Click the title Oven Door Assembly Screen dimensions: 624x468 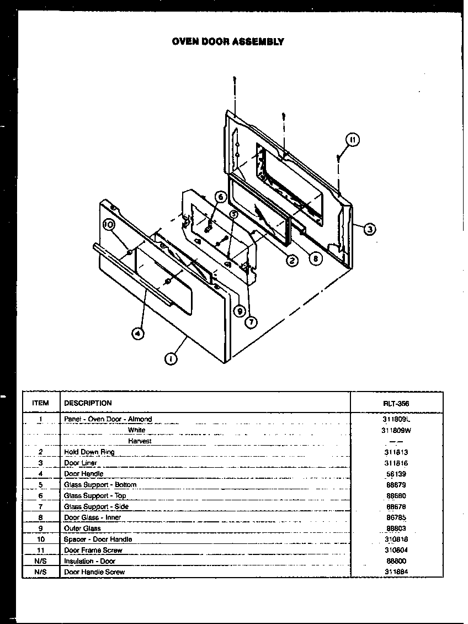pyautogui.click(x=228, y=41)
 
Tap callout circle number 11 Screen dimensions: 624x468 pyautogui.click(x=353, y=140)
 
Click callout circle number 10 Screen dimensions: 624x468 pyautogui.click(x=108, y=225)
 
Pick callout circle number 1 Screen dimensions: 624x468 pyautogui.click(x=172, y=359)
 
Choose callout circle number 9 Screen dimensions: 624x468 pyautogui.click(x=238, y=311)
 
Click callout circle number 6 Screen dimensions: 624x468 pyautogui.click(x=220, y=197)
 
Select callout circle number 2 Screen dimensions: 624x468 pyautogui.click(x=292, y=261)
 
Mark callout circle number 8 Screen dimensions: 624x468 pyautogui.click(x=315, y=257)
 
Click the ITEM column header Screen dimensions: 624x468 pyautogui.click(x=40, y=403)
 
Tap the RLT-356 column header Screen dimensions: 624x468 pyautogui.click(x=396, y=404)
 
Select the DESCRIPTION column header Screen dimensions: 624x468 pyautogui.click(x=88, y=403)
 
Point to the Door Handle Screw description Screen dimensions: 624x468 pyautogui.click(x=94, y=572)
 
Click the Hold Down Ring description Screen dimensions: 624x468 pyautogui.click(x=89, y=452)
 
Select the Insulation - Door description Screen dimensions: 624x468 pyautogui.click(x=90, y=561)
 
